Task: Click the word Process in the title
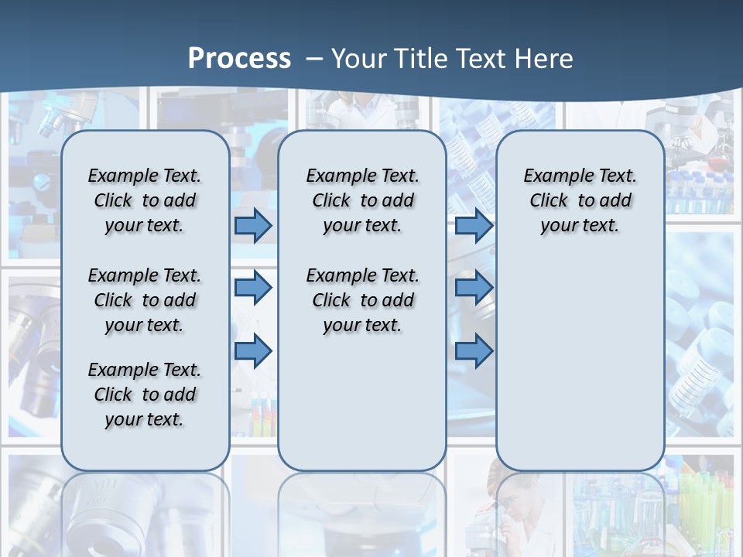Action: (239, 59)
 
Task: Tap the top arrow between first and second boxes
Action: (253, 225)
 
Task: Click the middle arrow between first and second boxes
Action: (253, 288)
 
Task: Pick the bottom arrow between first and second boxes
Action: (253, 351)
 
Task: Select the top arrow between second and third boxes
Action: (474, 225)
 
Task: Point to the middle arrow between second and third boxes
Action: (474, 288)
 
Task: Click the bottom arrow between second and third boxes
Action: (474, 351)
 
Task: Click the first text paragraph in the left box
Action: (145, 200)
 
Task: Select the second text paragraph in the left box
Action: (145, 300)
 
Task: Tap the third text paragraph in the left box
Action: (145, 395)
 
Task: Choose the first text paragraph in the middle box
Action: (362, 200)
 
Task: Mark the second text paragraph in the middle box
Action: (362, 300)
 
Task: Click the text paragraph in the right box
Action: (580, 200)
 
